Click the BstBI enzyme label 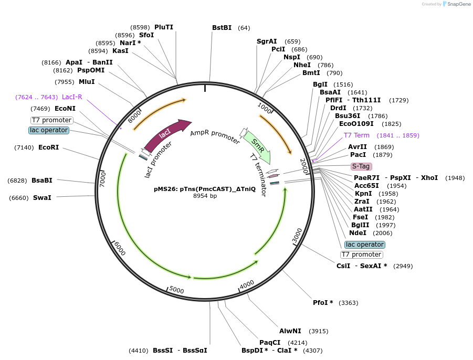[222, 28]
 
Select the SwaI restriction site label [42, 198]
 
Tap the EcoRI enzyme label [48, 147]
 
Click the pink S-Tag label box [361, 166]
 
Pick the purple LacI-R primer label [72, 97]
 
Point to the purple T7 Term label [356, 135]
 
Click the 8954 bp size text [205, 196]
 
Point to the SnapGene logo [456, 4]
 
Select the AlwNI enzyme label [290, 331]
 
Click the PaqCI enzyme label [270, 343]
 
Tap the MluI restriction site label [87, 82]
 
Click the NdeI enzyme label [358, 233]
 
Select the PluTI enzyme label [164, 27]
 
